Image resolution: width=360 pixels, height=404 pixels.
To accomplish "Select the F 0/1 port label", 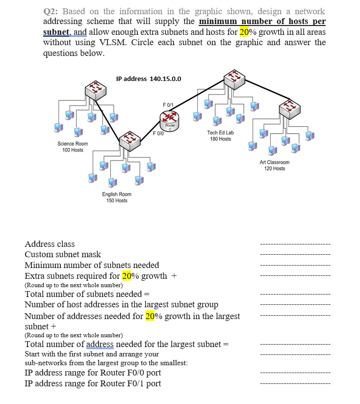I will tap(168, 104).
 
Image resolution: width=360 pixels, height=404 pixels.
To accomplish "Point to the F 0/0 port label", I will tap(158, 133).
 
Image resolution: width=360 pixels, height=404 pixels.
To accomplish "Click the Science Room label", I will tap(73, 143).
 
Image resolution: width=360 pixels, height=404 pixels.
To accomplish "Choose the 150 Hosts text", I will tap(117, 200).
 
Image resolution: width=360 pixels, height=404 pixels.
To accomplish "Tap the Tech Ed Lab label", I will tap(220, 133).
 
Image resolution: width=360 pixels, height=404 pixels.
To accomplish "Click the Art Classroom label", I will tap(275, 162).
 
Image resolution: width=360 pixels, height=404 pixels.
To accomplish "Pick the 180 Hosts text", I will tap(220, 139).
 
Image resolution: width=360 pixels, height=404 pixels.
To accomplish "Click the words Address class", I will tap(50, 244).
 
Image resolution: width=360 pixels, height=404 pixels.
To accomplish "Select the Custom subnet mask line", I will tap(63, 254).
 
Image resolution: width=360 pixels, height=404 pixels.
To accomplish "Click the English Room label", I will tap(117, 194).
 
